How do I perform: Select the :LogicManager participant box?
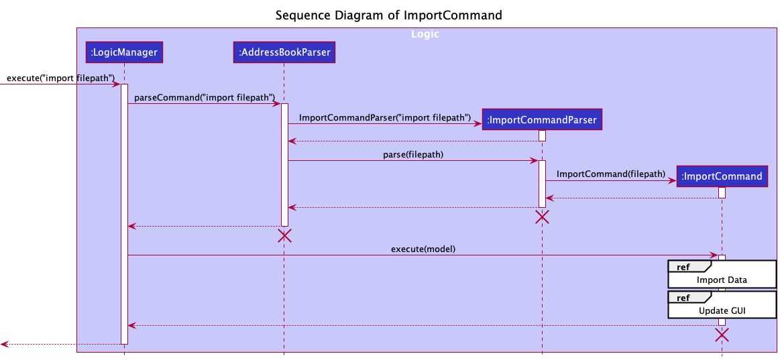click(124, 52)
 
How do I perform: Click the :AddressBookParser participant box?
click(284, 52)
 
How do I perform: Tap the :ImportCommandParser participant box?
click(542, 120)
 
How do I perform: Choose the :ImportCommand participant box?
click(722, 176)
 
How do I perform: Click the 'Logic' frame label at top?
click(425, 34)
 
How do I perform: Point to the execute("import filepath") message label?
click(61, 78)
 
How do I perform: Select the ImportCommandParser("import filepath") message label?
click(384, 117)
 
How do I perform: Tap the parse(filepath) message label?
click(413, 154)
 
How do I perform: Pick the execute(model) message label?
click(423, 249)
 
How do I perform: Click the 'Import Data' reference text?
click(722, 280)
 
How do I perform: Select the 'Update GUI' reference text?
click(722, 310)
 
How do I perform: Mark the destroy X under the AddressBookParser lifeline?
click(284, 235)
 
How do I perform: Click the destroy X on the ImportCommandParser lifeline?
click(542, 217)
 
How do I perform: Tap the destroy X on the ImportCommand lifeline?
click(722, 335)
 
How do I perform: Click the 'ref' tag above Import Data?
click(683, 267)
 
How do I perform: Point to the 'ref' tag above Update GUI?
click(683, 297)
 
